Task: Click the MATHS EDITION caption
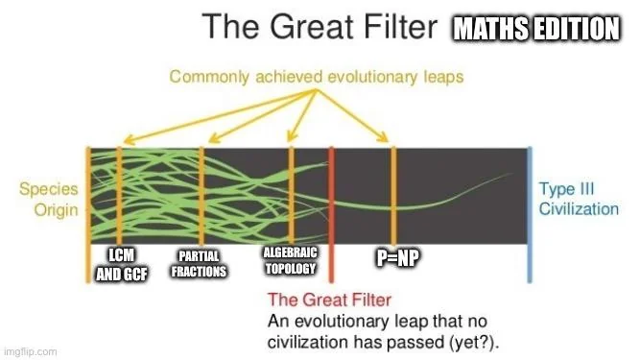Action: pos(535,30)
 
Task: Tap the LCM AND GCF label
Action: pos(115,264)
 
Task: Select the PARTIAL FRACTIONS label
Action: pos(199,265)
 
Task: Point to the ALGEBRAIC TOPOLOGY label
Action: pos(289,259)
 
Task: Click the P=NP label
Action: pos(394,258)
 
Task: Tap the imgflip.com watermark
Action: pos(30,351)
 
